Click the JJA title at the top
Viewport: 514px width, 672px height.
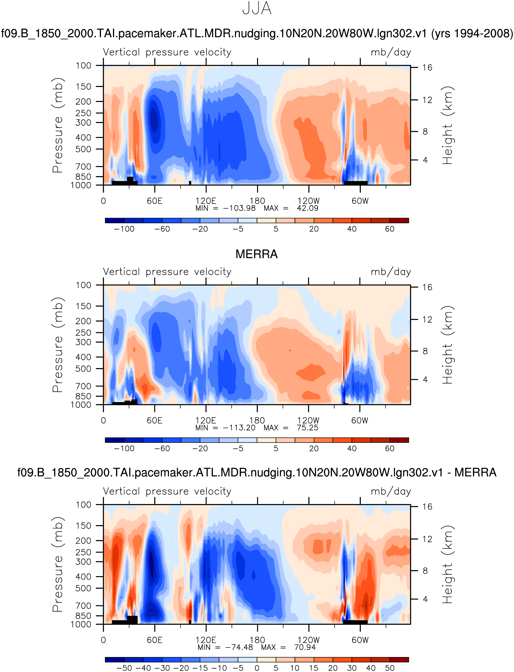(257, 9)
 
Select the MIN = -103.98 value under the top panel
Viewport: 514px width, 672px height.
(226, 208)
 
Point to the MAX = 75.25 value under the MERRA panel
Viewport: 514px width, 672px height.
(291, 428)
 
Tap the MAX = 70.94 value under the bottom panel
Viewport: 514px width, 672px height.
(288, 647)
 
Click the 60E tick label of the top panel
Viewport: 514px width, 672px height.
(155, 201)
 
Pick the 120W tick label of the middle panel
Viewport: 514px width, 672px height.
(308, 420)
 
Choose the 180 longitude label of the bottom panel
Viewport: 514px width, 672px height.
(257, 640)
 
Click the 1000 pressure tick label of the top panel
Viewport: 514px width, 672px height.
(81, 185)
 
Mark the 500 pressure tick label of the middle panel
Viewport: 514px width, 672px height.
(84, 369)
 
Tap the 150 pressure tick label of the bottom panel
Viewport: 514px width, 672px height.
(84, 526)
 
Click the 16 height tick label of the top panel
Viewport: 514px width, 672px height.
(427, 68)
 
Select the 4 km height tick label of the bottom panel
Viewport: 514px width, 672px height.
(425, 599)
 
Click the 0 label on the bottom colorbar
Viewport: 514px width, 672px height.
(257, 668)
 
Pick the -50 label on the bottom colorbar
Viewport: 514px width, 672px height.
(124, 668)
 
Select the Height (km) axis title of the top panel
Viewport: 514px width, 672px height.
(447, 125)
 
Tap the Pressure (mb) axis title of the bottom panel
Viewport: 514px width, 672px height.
(58, 565)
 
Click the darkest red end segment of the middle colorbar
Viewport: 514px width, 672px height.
(399, 440)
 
